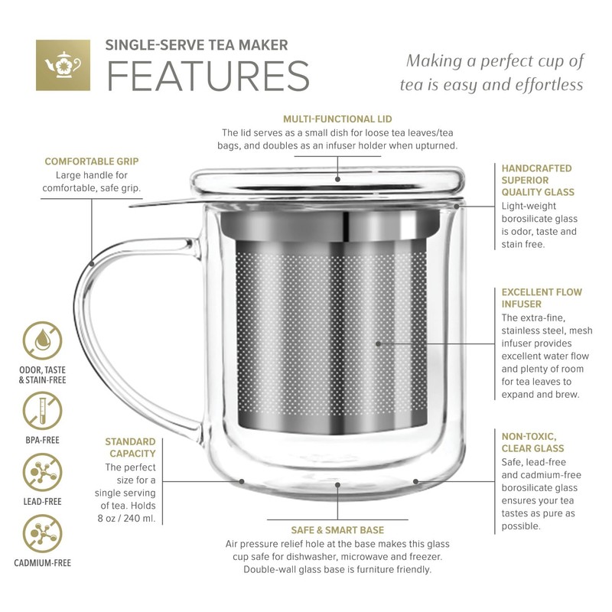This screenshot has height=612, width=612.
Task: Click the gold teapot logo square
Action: (x=63, y=65)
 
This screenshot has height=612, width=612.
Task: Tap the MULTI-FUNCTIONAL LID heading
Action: (x=337, y=119)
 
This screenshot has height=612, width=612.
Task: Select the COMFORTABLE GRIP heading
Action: (x=91, y=161)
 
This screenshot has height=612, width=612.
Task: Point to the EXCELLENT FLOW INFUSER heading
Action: (x=542, y=298)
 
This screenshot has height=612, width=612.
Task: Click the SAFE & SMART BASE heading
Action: (x=337, y=529)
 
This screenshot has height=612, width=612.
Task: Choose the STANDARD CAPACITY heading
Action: (x=130, y=448)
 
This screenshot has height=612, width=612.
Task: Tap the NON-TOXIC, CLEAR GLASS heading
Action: (x=533, y=441)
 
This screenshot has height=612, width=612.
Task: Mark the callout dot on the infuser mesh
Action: (x=378, y=343)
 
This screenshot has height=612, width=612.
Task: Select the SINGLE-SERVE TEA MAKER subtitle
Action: (x=197, y=45)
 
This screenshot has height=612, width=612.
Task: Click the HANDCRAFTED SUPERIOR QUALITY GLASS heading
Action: (x=537, y=180)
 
